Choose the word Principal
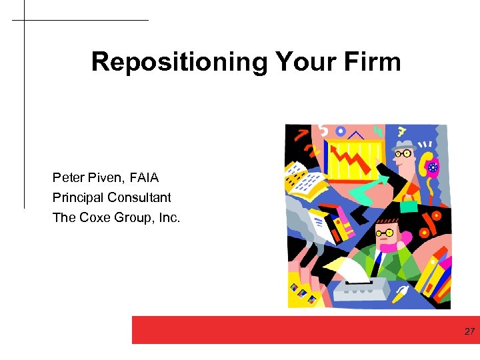(x=79, y=198)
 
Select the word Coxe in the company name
(x=95, y=217)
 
